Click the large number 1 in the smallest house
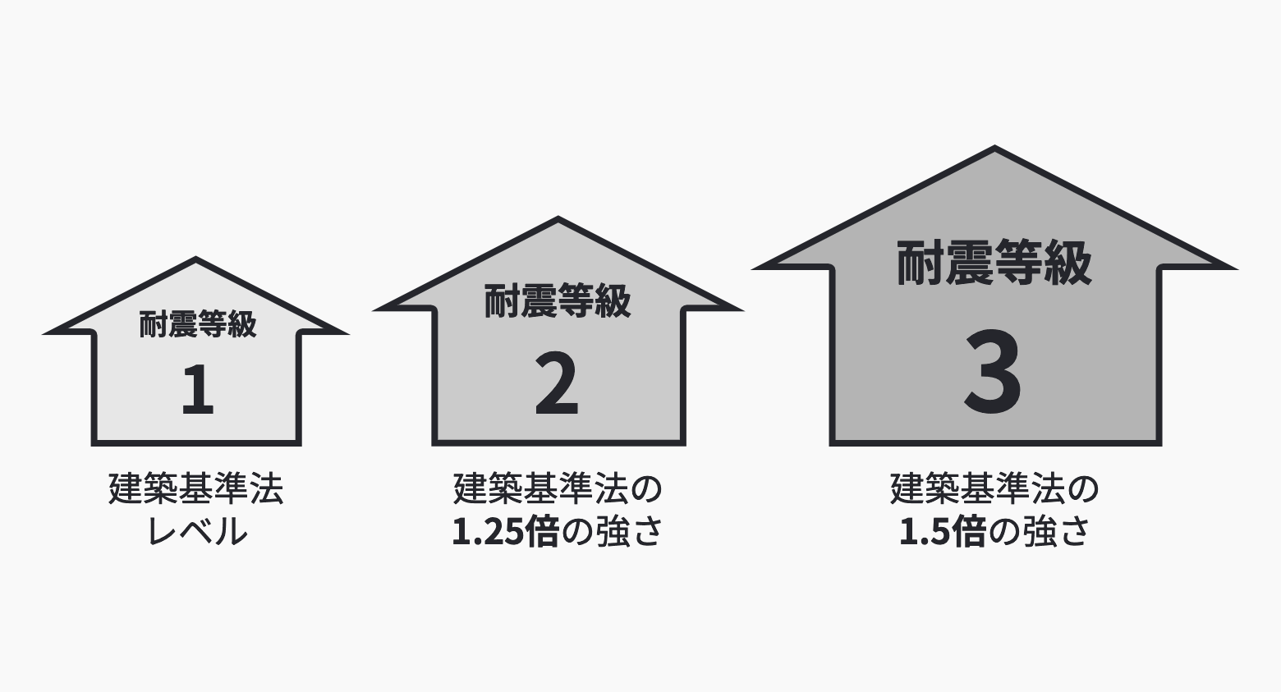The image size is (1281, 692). coord(198,389)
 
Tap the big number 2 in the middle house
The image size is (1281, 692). coord(557,383)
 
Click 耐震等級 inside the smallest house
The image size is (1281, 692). coord(198,324)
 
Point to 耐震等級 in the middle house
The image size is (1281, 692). coord(558,300)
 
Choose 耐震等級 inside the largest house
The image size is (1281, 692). coord(994,263)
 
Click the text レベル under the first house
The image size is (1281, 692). coord(197,531)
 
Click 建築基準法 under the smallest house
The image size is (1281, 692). coord(196,488)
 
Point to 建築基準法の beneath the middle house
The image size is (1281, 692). coord(558,488)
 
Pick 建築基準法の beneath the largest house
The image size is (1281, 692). coord(994,488)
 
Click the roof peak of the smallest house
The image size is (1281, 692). coord(196,258)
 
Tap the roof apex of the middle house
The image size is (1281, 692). coord(558,218)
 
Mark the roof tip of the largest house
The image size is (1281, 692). coord(994,146)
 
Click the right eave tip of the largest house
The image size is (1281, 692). coord(1237,268)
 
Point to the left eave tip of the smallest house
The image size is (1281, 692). coord(44,332)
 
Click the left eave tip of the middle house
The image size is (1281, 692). coord(374,310)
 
